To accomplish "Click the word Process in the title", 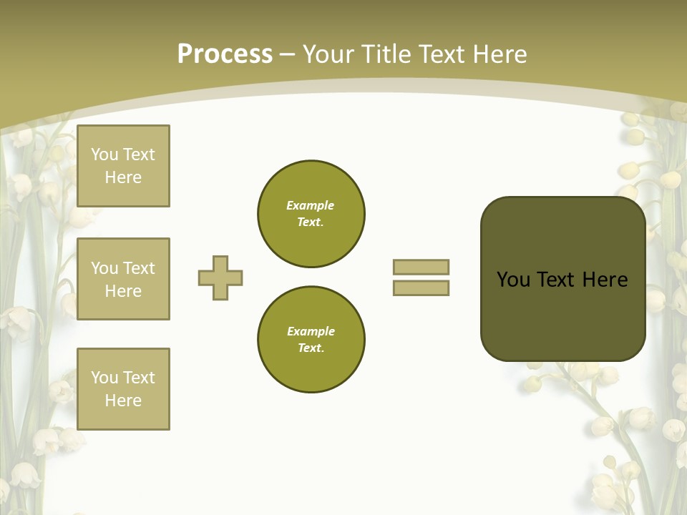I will coord(225,54).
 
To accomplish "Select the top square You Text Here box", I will coord(123,166).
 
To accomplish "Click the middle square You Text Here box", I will coord(123,279).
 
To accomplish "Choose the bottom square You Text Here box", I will coord(123,389).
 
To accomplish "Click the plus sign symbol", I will coord(220,278).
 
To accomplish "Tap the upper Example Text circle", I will coord(311,214).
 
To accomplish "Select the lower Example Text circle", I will coord(311,340).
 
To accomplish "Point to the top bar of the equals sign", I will coord(421,267).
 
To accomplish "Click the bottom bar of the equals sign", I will coord(421,288).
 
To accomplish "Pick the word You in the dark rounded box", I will coord(513,280).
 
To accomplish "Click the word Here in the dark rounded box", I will coord(605,280).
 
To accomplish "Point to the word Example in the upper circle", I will coord(311,205).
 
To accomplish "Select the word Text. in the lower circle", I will coord(311,348).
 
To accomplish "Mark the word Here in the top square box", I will coord(123,177).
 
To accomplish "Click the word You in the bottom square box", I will coord(104,378).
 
